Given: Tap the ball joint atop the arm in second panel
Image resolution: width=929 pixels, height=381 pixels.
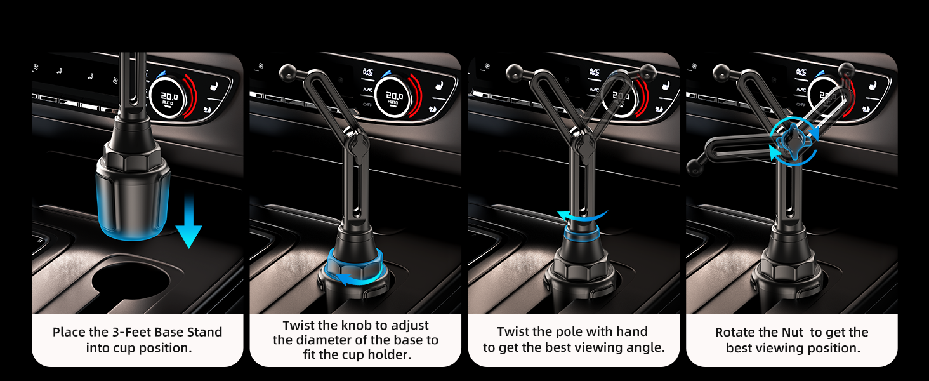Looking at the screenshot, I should pyautogui.click(x=287, y=69).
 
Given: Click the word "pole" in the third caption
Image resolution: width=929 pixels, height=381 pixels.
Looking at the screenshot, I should pyautogui.click(x=573, y=332).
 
